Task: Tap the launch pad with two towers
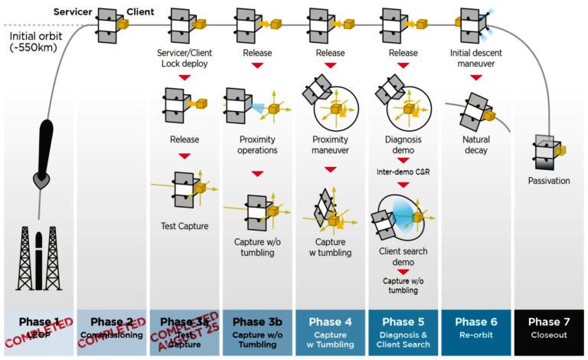[x=38, y=258]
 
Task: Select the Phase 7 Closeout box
[x=549, y=332]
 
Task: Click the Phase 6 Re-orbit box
[x=476, y=332]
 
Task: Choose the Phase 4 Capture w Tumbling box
[x=330, y=332]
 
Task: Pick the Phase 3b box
[x=257, y=332]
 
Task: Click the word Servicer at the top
[x=73, y=12]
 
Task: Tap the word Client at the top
[x=140, y=12]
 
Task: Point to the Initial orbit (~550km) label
[x=36, y=41]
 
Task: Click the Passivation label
[x=549, y=181]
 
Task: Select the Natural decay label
[x=476, y=145]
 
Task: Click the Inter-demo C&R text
[x=403, y=172]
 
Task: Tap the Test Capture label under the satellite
[x=185, y=226]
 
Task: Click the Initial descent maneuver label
[x=476, y=58]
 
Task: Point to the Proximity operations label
[x=257, y=145]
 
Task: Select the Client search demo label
[x=403, y=257]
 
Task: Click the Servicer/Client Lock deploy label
[x=185, y=58]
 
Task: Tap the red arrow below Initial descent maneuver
[x=476, y=77]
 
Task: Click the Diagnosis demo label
[x=403, y=145]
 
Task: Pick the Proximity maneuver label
[x=330, y=145]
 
